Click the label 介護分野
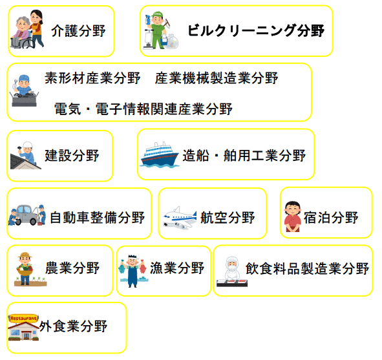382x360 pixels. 78,31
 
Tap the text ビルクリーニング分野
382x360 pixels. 256,30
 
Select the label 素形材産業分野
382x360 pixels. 92,78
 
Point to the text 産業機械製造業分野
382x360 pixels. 217,78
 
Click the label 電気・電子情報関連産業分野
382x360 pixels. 143,109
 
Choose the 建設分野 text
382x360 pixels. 72,155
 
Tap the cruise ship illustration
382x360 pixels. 160,154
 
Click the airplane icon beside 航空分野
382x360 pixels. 180,218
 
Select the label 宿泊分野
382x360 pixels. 331,217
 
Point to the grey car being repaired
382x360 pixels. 27,215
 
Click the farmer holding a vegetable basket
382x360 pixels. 25,268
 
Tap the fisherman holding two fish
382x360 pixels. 133,271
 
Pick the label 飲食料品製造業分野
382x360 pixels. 307,268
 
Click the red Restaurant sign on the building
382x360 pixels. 23,318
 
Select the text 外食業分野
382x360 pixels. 73,326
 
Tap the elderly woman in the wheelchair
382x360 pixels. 22,31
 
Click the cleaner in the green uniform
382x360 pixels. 158,30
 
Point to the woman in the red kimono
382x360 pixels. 293,217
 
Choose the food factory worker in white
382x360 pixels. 232,268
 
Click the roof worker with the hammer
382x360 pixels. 27,153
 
